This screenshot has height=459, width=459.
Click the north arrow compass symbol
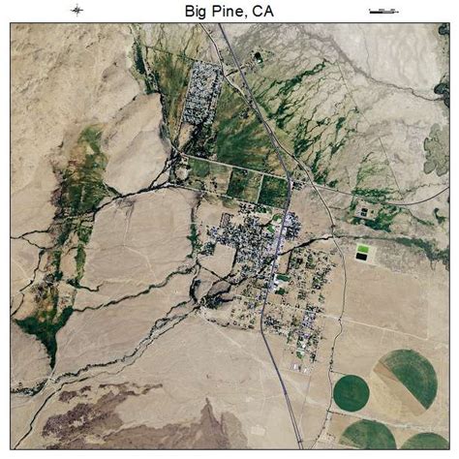point(76,11)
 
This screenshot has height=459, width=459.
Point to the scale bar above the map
point(383,11)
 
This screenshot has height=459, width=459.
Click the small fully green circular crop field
point(351,392)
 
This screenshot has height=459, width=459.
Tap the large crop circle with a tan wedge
point(407,379)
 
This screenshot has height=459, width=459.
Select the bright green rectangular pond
point(363,251)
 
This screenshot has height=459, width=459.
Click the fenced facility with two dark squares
point(366,210)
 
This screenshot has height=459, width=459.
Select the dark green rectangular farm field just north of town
point(274,191)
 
